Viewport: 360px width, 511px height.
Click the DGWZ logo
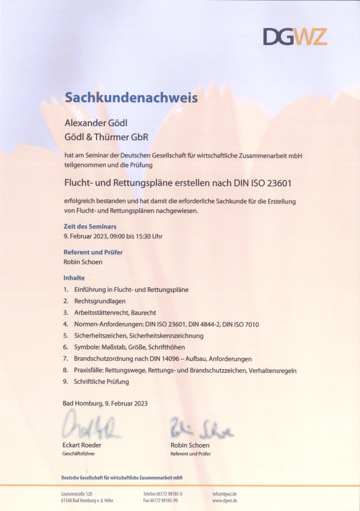295,36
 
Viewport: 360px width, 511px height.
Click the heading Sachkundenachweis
131,97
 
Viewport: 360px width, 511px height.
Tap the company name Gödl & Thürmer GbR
106,137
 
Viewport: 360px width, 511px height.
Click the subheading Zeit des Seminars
90,226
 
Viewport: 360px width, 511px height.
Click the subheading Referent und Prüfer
93,252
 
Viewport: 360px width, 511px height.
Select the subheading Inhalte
74,278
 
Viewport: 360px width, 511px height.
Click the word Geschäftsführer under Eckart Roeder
78,454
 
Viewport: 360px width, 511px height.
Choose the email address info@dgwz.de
225,493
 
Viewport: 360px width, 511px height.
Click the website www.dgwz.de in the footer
225,501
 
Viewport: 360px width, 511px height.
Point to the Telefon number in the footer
163,493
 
